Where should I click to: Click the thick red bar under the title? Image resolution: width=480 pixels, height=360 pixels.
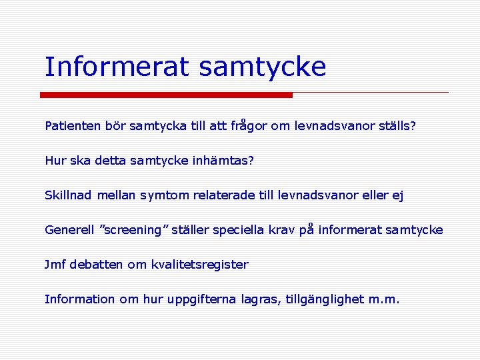[x=166, y=95]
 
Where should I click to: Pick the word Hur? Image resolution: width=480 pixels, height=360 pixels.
[x=54, y=161]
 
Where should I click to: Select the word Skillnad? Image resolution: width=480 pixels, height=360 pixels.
[x=69, y=195]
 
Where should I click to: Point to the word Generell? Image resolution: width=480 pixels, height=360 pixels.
[x=69, y=230]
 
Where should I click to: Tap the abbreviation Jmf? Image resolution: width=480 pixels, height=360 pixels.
[x=55, y=265]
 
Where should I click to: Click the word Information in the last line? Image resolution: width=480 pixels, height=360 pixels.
[x=79, y=299]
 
